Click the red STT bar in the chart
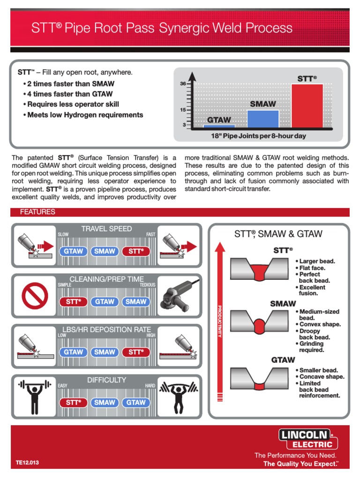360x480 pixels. tap(307, 105)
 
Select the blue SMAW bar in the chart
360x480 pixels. tap(263, 119)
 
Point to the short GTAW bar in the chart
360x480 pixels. tap(219, 126)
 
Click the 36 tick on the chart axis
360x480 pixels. tap(183, 84)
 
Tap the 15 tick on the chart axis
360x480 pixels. tap(183, 110)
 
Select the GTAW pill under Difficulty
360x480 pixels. tap(136, 402)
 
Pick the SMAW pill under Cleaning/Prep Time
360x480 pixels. tap(136, 302)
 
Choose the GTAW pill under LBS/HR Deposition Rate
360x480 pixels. tap(74, 352)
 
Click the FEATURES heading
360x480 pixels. tap(37, 212)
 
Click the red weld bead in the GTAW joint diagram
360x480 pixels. tap(260, 385)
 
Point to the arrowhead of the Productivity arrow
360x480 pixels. tap(219, 245)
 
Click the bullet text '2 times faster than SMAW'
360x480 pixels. tap(70, 84)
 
